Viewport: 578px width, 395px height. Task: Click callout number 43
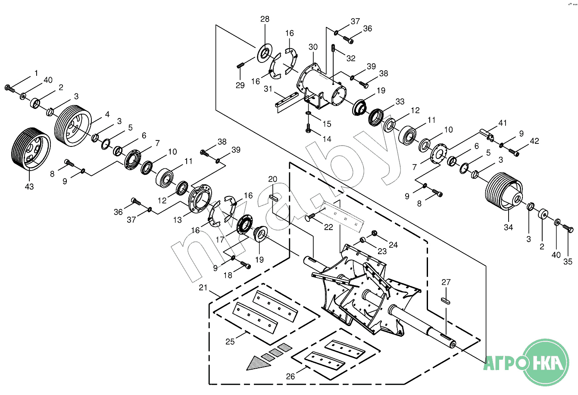coord(29,187)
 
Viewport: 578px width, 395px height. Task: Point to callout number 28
coord(265,19)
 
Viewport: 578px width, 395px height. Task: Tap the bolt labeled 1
coord(9,88)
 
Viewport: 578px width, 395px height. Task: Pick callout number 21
coord(203,287)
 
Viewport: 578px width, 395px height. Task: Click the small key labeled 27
coord(446,301)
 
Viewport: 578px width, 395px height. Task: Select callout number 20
coord(273,179)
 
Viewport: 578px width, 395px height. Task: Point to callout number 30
coord(313,47)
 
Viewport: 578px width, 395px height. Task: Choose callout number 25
coord(230,341)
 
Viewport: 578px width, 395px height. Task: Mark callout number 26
coord(291,376)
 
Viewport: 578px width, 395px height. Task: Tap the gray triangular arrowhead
coord(259,363)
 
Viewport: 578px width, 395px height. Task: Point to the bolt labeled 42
coord(513,152)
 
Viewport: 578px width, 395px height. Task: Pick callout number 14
coord(327,139)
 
